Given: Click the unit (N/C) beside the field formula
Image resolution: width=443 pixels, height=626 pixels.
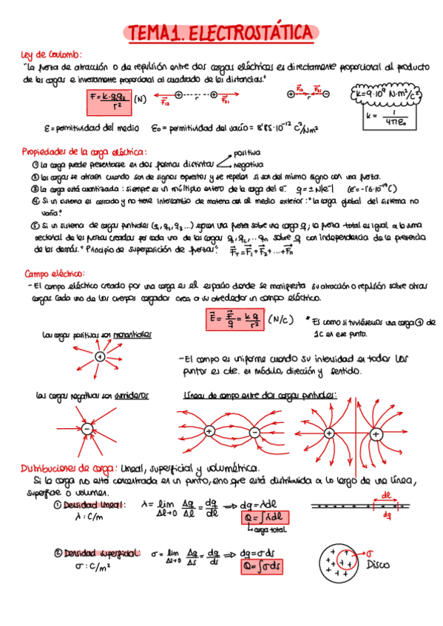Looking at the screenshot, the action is [279, 320].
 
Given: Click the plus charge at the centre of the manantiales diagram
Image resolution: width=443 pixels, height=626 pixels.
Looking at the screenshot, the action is [99, 357].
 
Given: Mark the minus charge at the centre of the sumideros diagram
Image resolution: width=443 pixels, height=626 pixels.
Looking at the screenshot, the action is [87, 429].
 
